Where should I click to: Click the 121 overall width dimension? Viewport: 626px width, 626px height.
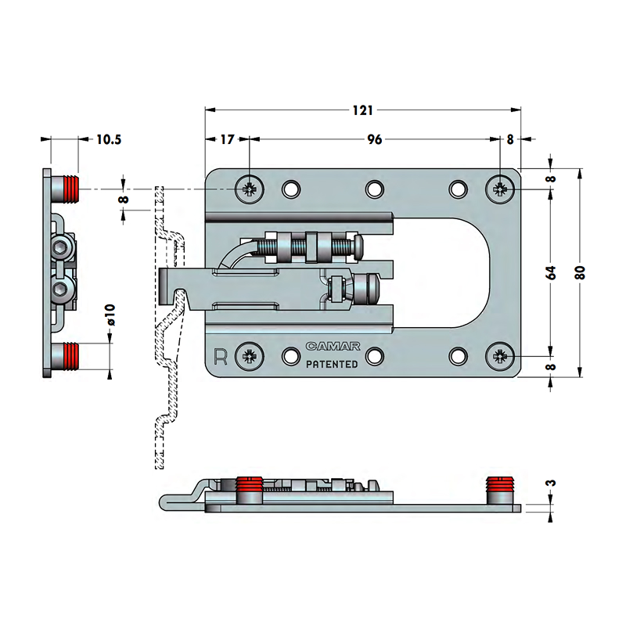362,110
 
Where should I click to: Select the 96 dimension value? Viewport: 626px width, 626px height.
375,139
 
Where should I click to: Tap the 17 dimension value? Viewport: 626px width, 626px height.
227,139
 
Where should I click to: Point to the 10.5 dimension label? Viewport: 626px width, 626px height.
109,139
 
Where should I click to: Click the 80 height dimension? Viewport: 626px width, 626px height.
581,272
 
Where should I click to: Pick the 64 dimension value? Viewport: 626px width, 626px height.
551,272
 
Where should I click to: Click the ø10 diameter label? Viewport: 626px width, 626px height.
110,315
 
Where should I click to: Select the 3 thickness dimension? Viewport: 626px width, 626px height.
551,483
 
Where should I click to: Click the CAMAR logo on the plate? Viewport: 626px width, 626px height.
333,346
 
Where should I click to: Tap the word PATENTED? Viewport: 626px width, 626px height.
332,364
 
